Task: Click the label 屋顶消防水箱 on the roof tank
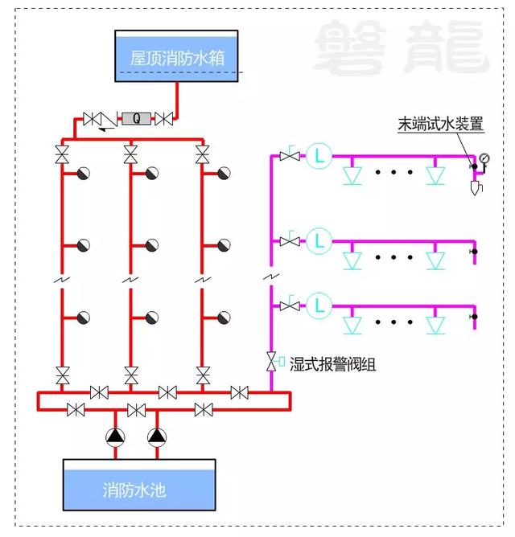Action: click(x=177, y=58)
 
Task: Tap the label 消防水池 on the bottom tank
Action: click(x=134, y=490)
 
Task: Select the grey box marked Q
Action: click(x=137, y=118)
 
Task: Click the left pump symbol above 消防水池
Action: click(x=115, y=437)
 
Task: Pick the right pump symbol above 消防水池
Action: click(x=157, y=437)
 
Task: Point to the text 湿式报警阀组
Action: click(x=332, y=364)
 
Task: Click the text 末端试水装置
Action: click(x=441, y=124)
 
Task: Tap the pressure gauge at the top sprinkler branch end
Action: click(x=485, y=158)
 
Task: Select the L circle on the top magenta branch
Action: click(x=319, y=156)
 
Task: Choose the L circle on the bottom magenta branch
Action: click(x=319, y=305)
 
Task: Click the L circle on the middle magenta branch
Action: click(x=319, y=240)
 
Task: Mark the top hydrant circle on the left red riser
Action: click(x=84, y=174)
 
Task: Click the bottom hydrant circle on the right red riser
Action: click(x=224, y=318)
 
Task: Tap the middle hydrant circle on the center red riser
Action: click(x=152, y=245)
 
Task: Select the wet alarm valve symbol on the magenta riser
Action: click(x=272, y=361)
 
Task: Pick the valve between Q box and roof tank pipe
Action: click(x=163, y=119)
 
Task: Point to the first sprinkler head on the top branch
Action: click(x=352, y=176)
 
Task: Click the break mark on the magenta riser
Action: click(x=271, y=276)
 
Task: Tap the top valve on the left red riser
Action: click(x=62, y=154)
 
